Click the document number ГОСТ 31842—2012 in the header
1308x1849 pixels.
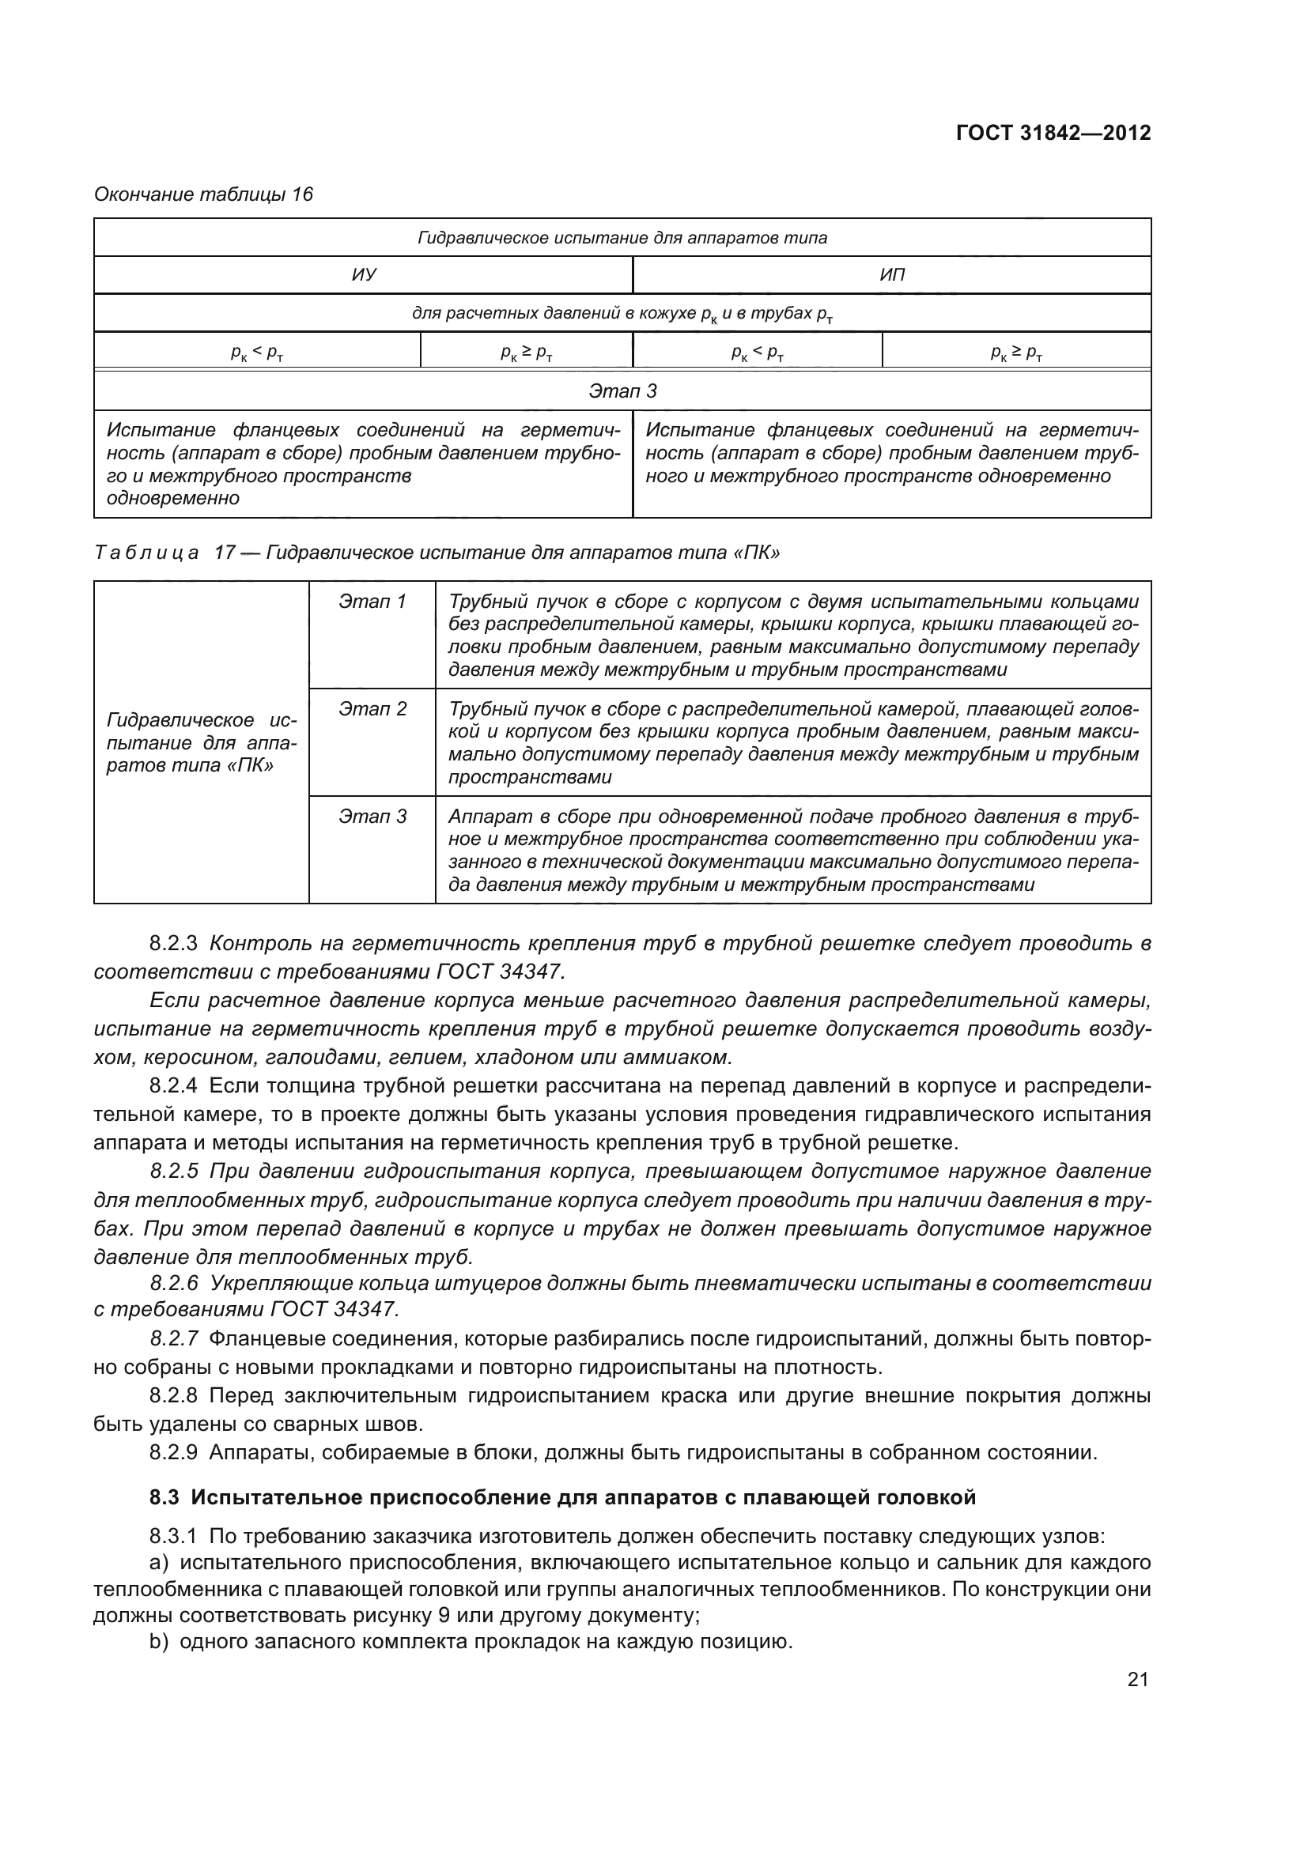1053,133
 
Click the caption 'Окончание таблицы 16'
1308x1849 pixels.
203,194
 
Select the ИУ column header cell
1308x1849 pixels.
364,274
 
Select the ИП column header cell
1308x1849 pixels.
891,274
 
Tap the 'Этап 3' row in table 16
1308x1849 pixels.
622,391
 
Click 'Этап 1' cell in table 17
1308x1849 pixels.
372,602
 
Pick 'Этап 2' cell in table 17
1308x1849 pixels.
372,708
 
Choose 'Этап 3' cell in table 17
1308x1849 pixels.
372,817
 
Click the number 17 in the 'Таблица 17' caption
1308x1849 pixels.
224,553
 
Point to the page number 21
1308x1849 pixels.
1137,1679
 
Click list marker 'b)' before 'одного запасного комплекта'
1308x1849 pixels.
159,1641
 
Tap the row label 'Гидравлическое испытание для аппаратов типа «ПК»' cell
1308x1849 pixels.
202,742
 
